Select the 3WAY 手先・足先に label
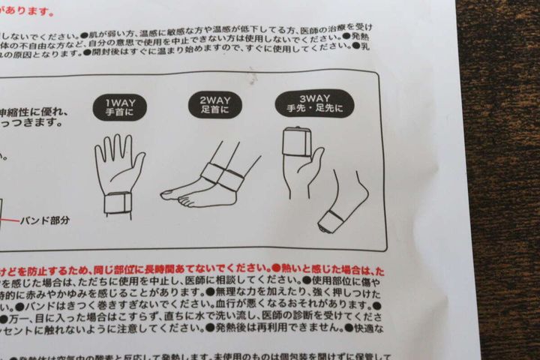(314, 103)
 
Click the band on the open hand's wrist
(117, 202)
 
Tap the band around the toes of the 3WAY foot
(330, 219)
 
